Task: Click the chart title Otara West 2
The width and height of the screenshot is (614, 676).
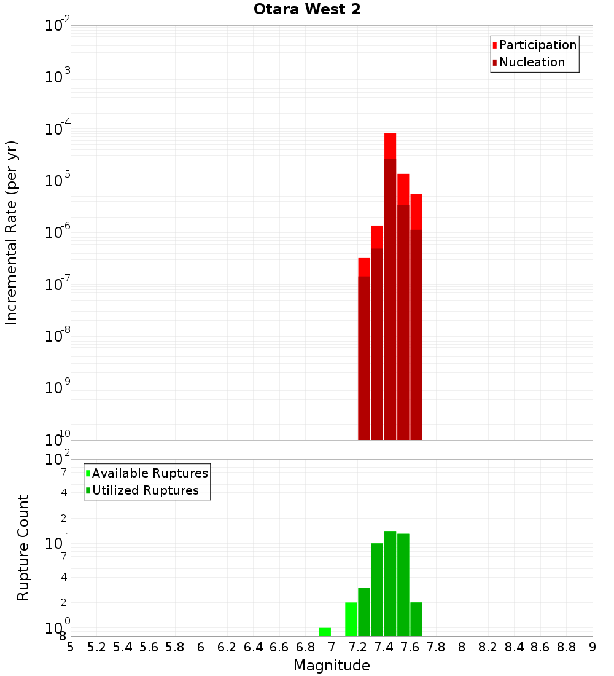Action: [307, 10]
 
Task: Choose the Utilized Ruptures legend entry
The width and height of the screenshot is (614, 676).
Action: [145, 490]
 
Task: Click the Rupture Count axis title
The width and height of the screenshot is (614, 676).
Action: [23, 548]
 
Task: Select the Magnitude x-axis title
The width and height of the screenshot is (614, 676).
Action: [332, 666]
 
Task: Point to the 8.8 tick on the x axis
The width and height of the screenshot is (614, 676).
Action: [566, 647]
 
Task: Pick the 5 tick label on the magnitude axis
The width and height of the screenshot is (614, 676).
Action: [71, 647]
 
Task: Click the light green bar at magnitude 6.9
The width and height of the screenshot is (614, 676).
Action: [325, 632]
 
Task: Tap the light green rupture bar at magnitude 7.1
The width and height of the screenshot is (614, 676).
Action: [351, 619]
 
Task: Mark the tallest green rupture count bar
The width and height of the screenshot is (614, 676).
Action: [390, 583]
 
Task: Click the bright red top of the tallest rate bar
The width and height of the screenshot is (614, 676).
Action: [390, 145]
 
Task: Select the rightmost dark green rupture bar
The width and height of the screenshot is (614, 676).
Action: [416, 619]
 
